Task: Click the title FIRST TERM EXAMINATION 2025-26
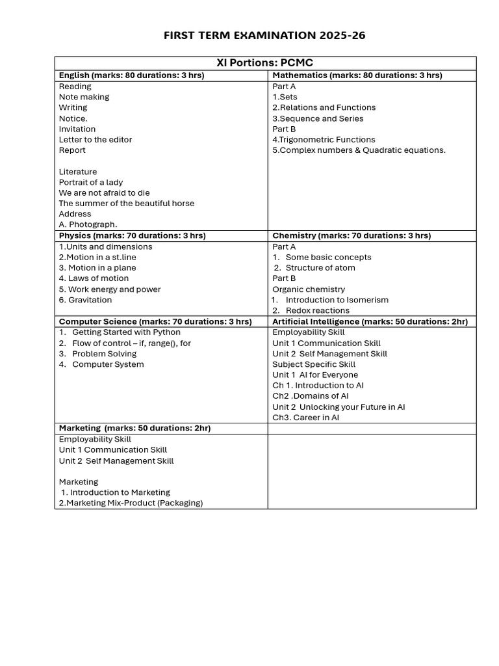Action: coord(265,35)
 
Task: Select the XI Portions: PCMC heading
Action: coord(264,63)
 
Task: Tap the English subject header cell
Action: coord(131,75)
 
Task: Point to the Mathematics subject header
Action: coord(357,75)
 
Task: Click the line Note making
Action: coord(84,97)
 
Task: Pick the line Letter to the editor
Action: coord(96,139)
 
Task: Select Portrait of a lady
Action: coord(91,182)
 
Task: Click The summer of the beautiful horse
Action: coord(127,203)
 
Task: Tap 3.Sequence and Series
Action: coord(318,118)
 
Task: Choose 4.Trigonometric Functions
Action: coord(324,139)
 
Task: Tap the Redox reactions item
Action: coord(317,310)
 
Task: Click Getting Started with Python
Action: coord(126,332)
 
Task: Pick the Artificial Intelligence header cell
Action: coord(370,321)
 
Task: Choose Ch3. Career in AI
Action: coord(306,418)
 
